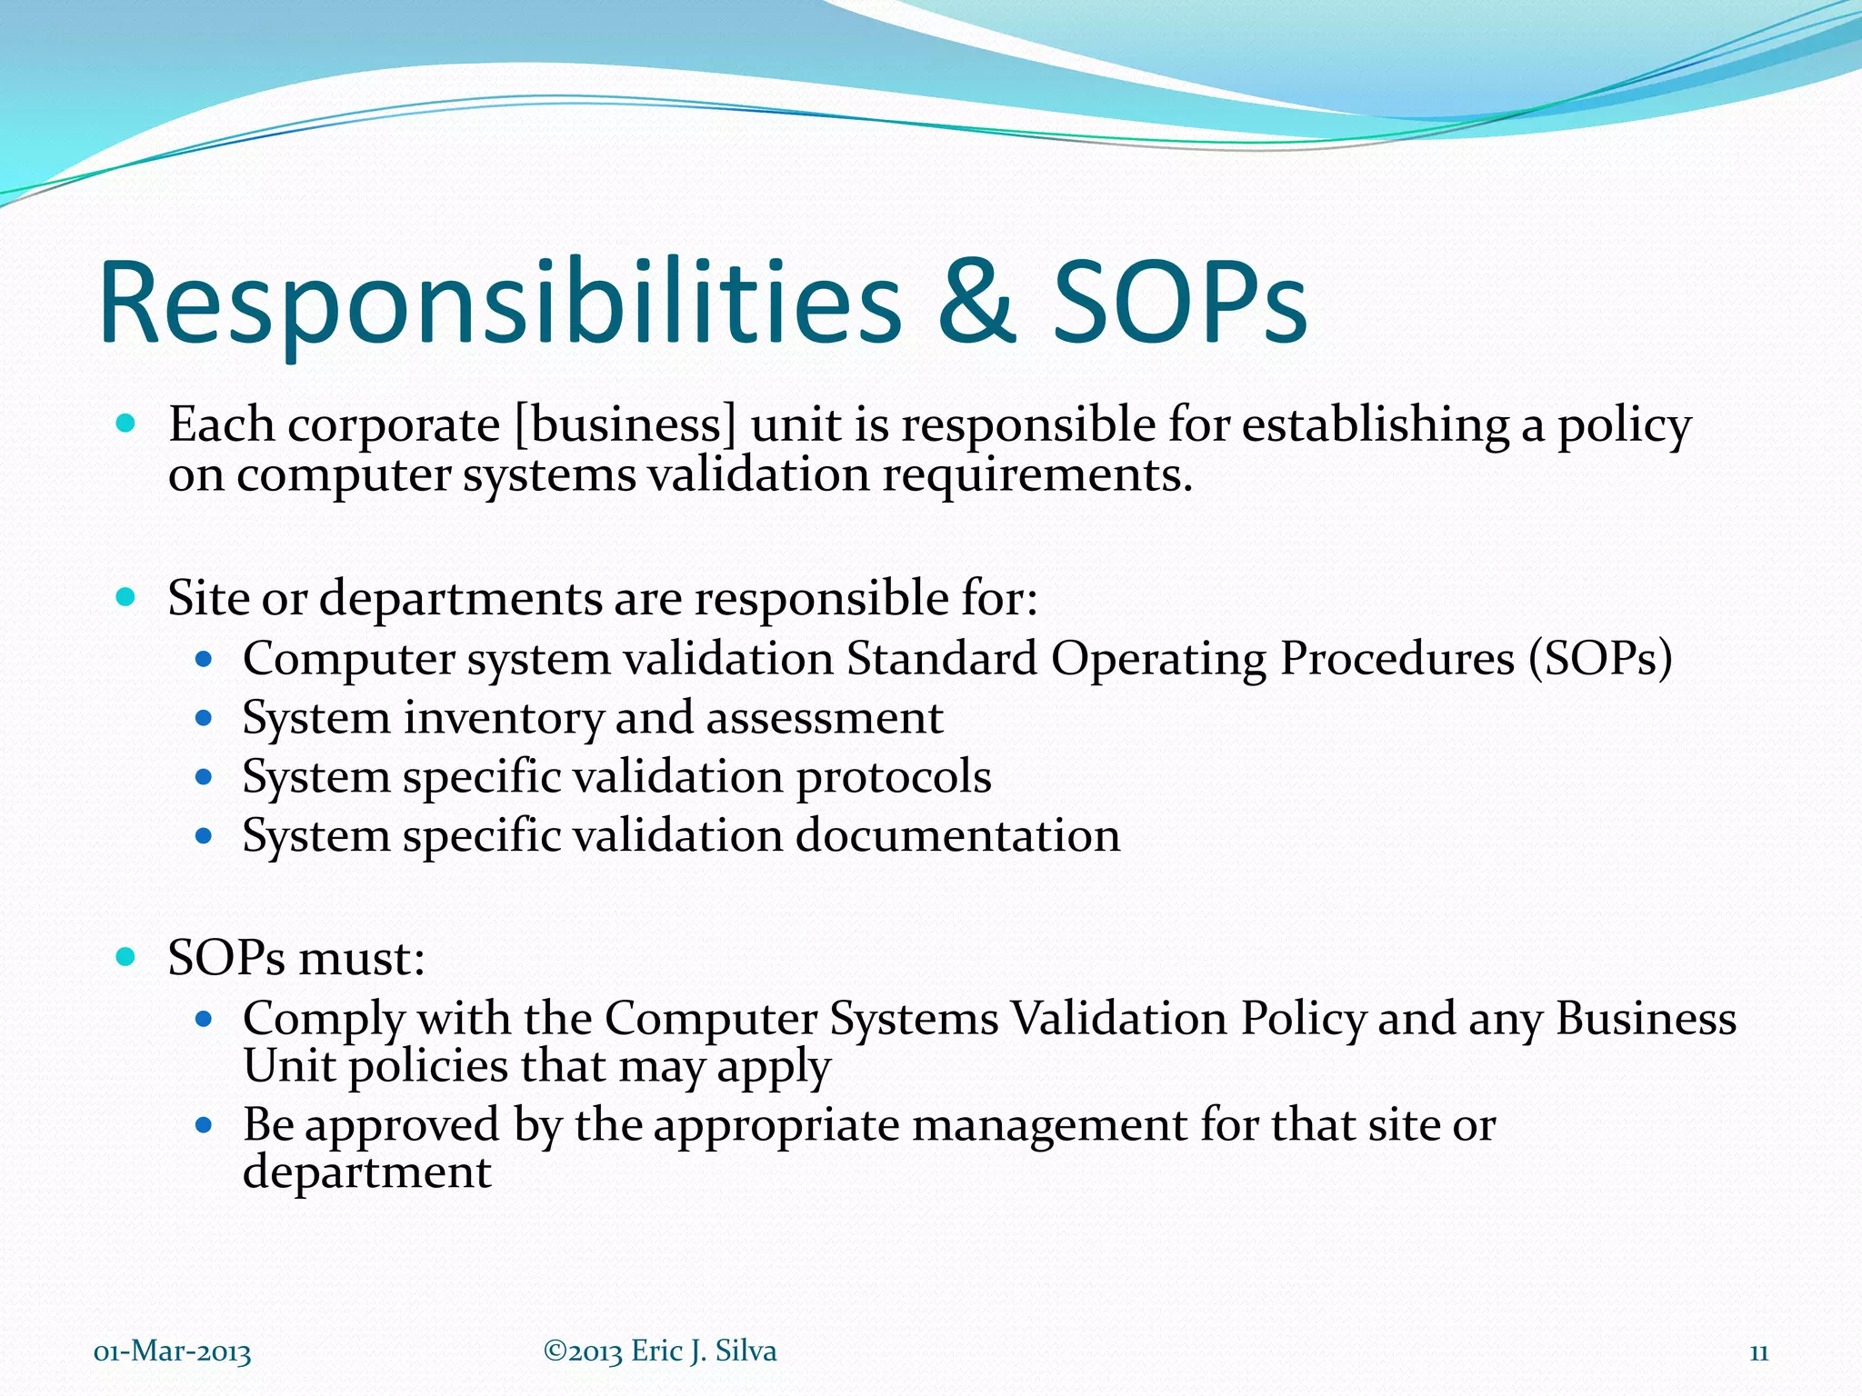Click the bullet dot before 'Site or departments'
coord(126,597)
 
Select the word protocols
coord(893,777)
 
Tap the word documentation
coord(957,835)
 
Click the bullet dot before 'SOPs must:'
coord(126,956)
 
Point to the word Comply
coord(324,1019)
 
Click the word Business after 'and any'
coord(1646,1018)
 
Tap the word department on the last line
coord(366,1172)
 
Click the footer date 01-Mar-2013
coord(173,1352)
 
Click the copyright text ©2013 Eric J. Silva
coord(660,1351)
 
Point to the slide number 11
coord(1758,1352)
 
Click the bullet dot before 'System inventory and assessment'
coord(204,718)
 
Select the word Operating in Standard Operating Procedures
coord(1158,659)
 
